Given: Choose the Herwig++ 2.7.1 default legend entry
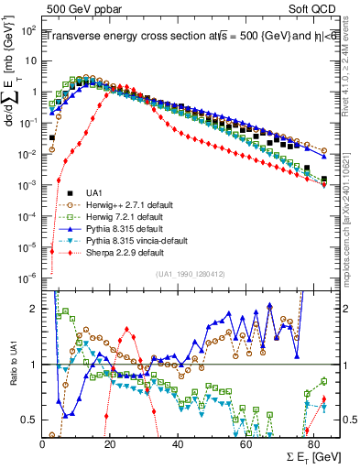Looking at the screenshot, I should click(x=132, y=204).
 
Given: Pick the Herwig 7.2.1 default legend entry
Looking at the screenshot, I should click(x=126, y=216).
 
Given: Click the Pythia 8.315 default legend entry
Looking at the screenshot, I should click(x=125, y=228).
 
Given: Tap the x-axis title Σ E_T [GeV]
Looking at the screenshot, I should click(x=287, y=455).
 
